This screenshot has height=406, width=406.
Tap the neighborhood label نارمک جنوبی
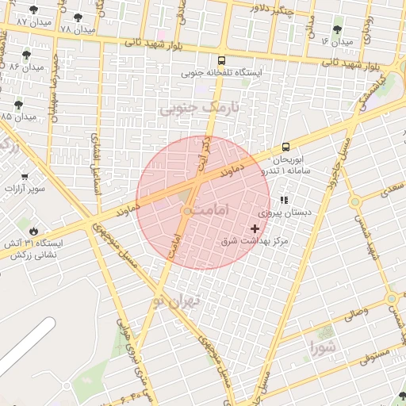[x=204, y=105]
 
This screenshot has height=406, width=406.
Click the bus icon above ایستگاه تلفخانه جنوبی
[x=220, y=59]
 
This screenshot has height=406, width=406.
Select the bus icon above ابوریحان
[x=285, y=147]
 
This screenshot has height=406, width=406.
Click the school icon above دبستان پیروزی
[x=284, y=201]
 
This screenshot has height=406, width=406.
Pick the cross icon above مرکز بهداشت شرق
[x=255, y=228]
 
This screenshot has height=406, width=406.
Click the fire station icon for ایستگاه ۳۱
[x=32, y=230]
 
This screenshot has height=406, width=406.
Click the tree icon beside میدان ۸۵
[x=18, y=104]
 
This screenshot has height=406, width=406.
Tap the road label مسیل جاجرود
[x=335, y=163]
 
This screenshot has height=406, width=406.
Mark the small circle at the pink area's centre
[x=186, y=211]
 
